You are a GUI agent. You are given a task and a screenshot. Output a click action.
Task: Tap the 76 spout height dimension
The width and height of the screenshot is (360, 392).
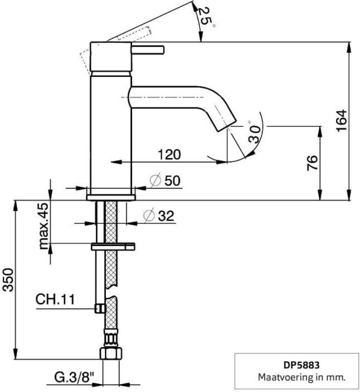313,162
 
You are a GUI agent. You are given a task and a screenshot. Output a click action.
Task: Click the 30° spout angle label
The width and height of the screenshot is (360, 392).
254,134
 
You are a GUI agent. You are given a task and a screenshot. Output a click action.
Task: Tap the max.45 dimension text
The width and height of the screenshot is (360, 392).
44,226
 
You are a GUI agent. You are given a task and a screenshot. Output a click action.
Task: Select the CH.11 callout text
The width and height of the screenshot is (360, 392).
55,300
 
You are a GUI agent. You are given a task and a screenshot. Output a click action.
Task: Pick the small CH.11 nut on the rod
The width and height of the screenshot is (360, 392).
100,308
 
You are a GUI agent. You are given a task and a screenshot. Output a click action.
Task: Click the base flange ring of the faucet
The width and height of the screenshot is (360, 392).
111,196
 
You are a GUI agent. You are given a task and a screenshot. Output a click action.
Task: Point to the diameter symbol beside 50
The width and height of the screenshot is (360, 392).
155,180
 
